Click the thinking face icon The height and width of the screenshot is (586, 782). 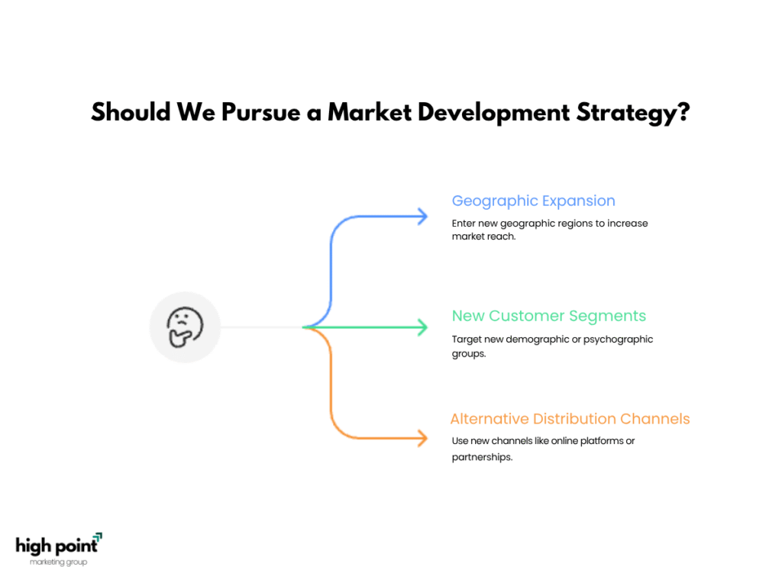185,327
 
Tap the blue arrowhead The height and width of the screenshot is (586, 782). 423,216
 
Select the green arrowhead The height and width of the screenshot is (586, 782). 423,327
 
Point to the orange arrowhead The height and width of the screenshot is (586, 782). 423,438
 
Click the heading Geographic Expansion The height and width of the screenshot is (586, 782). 533,201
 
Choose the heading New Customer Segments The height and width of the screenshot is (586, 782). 548,317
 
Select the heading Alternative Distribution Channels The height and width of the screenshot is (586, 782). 570,419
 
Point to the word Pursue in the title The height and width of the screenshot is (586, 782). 261,112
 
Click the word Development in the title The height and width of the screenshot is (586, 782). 493,113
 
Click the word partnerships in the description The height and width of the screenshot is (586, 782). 481,458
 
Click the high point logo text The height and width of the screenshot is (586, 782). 57,546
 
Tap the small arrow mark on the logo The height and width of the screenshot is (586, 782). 98,537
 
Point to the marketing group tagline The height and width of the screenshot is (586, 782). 58,562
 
